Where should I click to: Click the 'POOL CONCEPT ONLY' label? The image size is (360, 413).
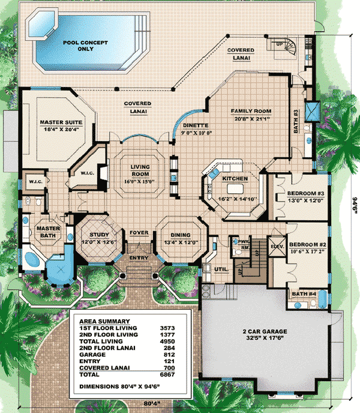[x=85, y=46]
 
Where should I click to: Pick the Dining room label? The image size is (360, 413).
[x=181, y=235]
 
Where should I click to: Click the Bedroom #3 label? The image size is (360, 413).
[x=306, y=193]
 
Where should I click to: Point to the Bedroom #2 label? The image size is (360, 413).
[x=307, y=245]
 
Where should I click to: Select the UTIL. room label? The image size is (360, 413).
[x=221, y=270]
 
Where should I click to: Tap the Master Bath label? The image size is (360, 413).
[x=46, y=232]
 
